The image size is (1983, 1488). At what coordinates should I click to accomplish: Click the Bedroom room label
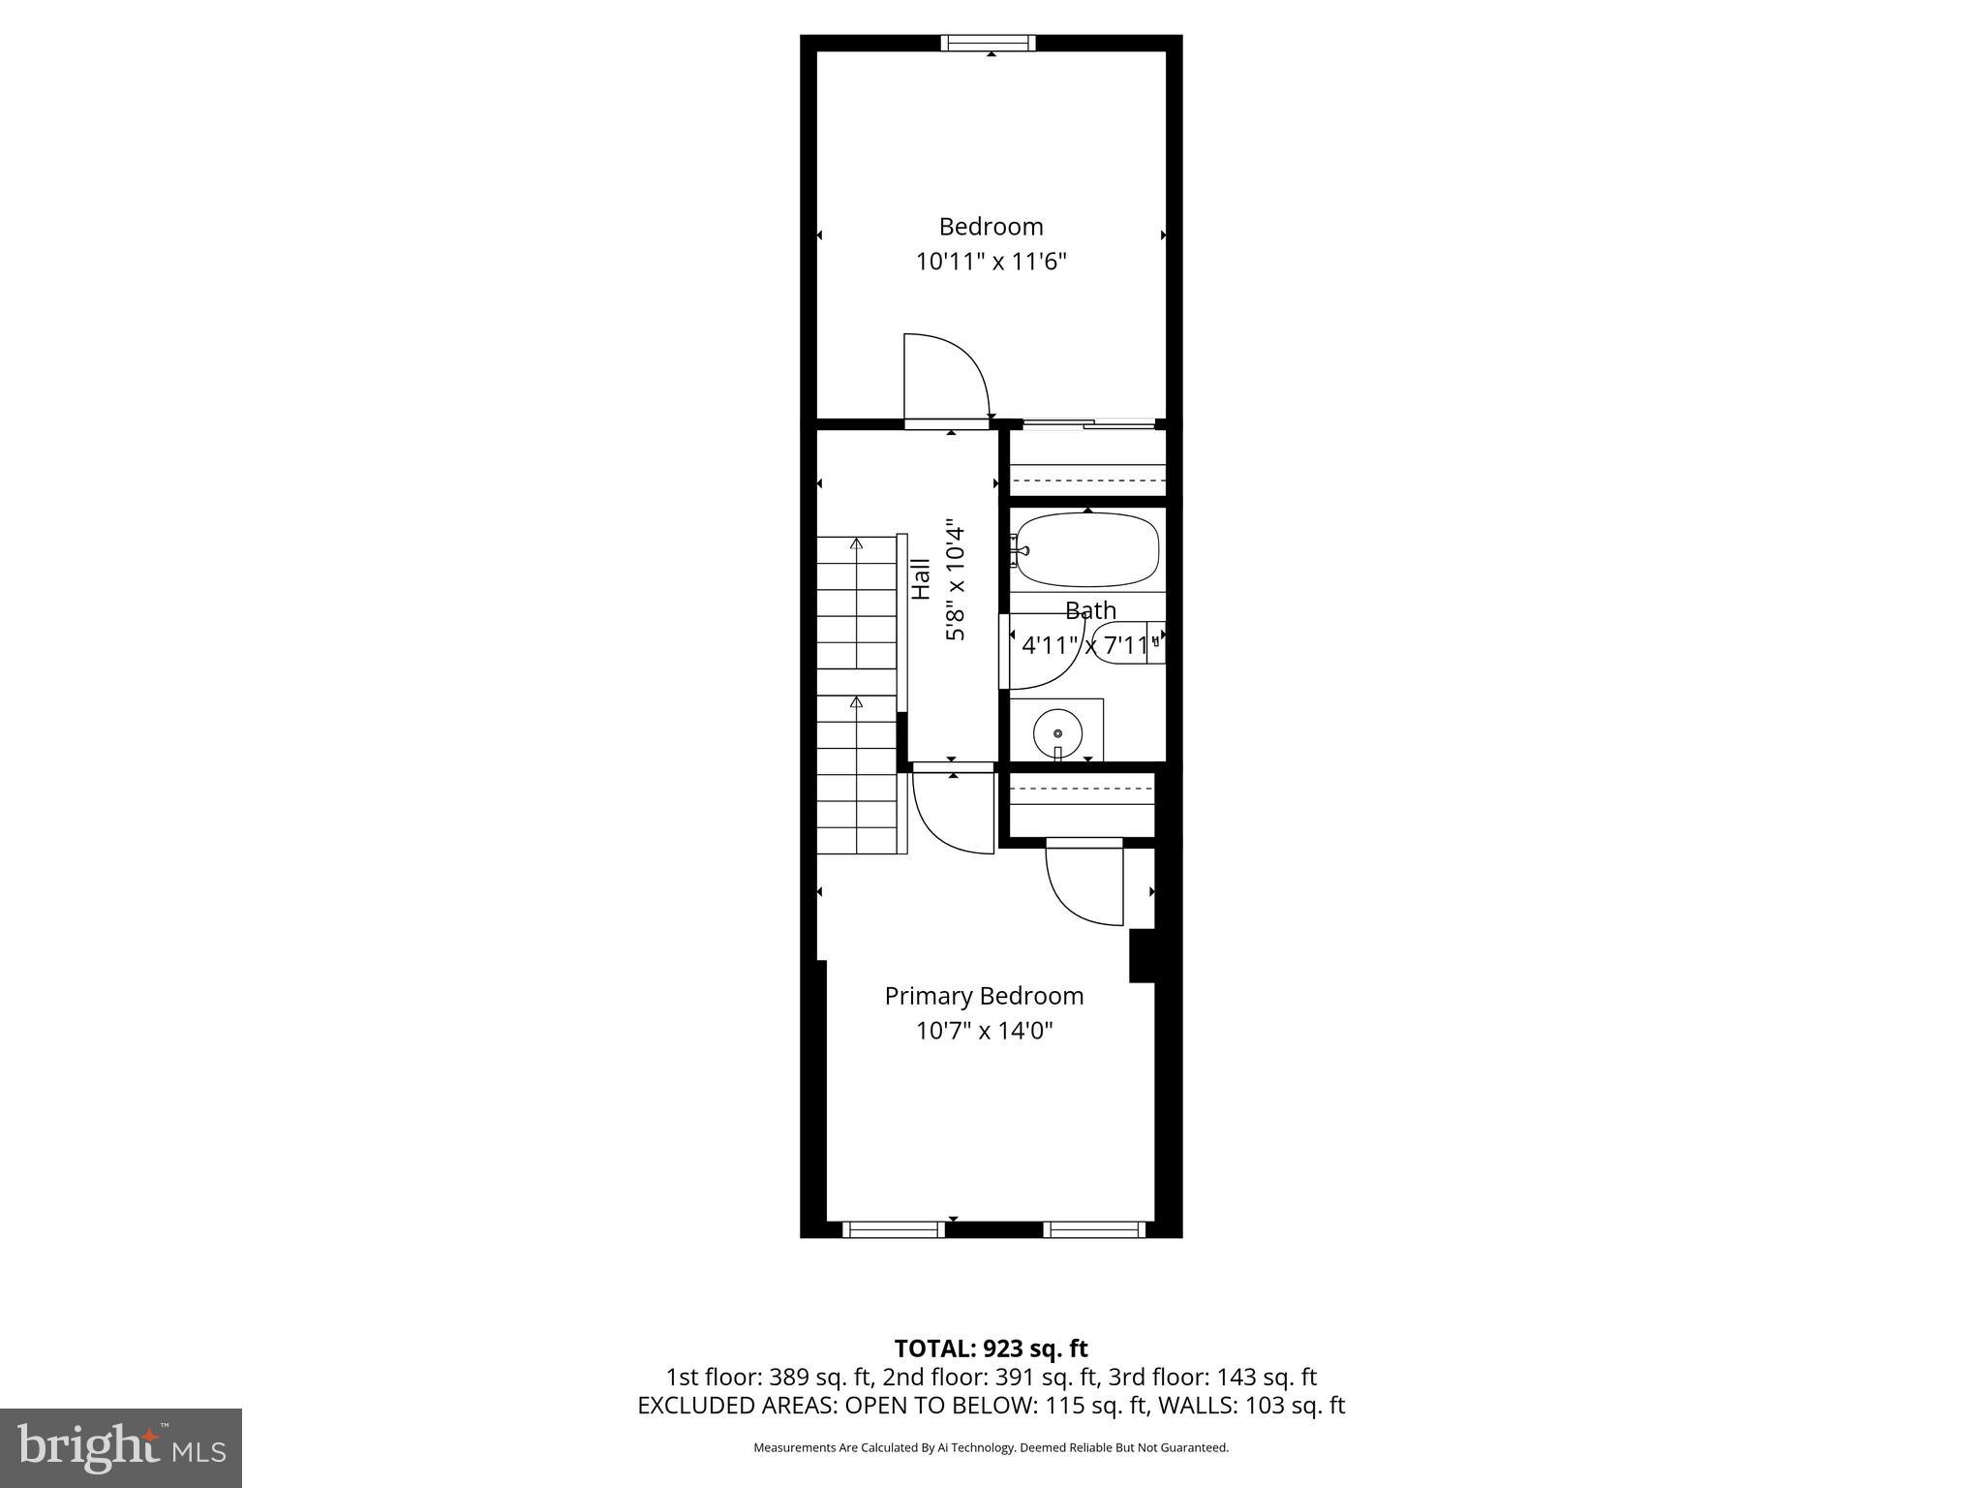pos(991,227)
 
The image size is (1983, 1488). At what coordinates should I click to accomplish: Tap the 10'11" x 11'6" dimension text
pos(991,262)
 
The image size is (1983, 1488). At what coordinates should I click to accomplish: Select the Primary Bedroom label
pos(984,996)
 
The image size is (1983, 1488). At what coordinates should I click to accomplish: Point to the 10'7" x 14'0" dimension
pos(984,1030)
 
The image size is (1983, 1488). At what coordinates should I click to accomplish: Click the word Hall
pos(921,578)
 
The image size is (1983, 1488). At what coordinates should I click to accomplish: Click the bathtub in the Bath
pos(1086,549)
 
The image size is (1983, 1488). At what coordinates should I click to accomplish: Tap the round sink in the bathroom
pos(1057,733)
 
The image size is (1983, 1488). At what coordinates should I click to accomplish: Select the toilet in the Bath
pos(1123,642)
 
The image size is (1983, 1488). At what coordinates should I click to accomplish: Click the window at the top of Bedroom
pos(989,43)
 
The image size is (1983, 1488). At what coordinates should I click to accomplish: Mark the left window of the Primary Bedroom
pos(893,1229)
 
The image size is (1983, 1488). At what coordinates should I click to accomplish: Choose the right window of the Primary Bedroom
pos(1094,1229)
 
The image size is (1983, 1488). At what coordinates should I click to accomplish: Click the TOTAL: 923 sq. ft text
pos(991,1348)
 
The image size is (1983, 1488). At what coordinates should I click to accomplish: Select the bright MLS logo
pos(121,1447)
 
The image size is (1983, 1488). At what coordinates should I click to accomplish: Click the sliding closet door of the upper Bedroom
pos(1089,423)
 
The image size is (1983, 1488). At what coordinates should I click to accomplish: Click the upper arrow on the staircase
pos(856,544)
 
